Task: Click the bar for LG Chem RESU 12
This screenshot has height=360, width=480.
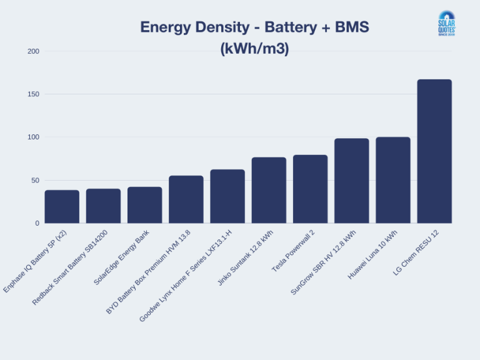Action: tap(434, 151)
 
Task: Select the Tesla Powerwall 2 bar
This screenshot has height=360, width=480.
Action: tap(310, 189)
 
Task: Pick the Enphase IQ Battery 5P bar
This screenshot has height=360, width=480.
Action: tap(62, 207)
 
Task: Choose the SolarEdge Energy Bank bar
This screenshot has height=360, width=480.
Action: tap(144, 205)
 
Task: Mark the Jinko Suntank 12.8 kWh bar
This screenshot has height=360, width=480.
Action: tap(269, 190)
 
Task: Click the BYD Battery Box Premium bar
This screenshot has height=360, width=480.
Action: tap(186, 199)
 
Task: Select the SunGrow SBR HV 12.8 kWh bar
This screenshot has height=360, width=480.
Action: tap(352, 181)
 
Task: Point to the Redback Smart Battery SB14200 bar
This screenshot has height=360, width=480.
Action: tap(103, 206)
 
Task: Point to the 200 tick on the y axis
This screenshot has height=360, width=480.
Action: tap(33, 51)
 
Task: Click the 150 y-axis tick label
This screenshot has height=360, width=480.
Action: tap(33, 94)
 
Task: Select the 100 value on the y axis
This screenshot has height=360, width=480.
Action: tap(33, 137)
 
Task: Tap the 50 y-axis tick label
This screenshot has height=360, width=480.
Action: tap(35, 180)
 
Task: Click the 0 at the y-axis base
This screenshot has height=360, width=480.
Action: tap(37, 223)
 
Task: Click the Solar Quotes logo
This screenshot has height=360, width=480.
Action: tap(447, 24)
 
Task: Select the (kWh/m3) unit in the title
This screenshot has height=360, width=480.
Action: tap(254, 49)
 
